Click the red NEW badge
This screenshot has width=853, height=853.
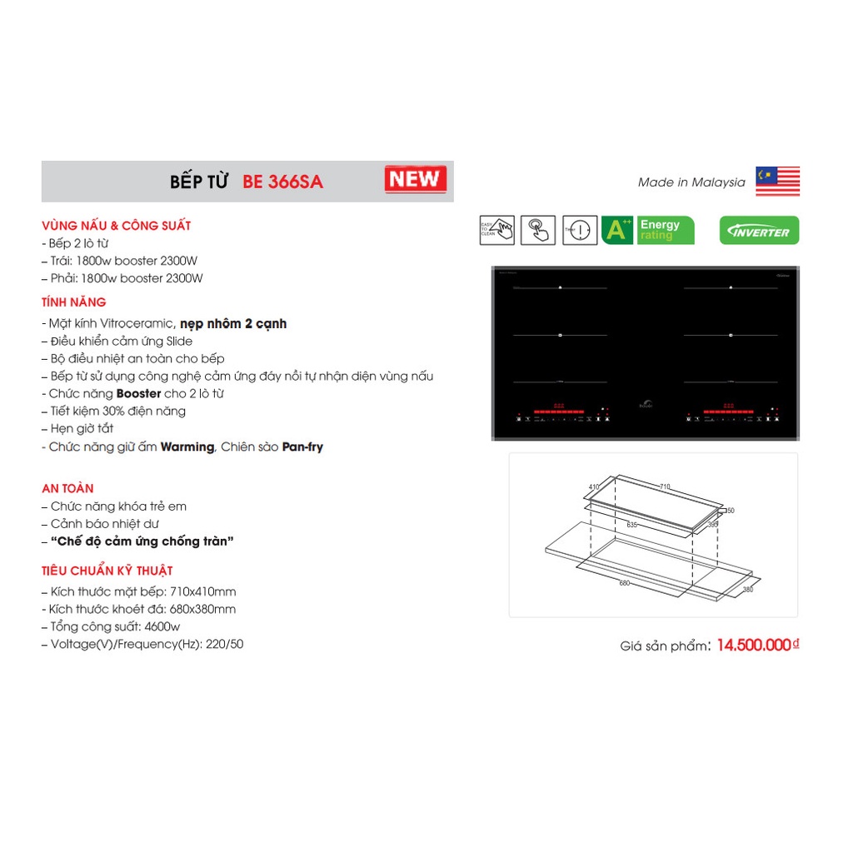click(x=416, y=179)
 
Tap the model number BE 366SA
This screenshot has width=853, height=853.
click(x=282, y=182)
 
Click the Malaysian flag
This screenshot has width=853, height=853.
click(x=777, y=182)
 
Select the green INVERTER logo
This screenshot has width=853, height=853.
click(x=759, y=231)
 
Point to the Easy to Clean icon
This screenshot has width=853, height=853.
click(x=496, y=230)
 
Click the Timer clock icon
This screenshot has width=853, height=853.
click(x=580, y=230)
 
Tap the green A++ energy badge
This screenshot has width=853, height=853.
click(x=617, y=230)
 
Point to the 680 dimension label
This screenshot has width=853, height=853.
click(x=624, y=583)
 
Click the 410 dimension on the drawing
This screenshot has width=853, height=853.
click(x=594, y=486)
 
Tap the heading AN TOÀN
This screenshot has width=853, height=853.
click(x=67, y=488)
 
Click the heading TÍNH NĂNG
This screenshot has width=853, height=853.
click(x=74, y=302)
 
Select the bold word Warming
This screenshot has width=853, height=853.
click(x=187, y=447)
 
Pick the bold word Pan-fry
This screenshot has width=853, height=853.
click(x=302, y=447)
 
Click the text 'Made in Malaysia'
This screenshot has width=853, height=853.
click(x=691, y=182)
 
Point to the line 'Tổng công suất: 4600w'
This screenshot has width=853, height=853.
click(x=115, y=626)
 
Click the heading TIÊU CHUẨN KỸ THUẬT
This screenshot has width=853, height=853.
click(x=107, y=571)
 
